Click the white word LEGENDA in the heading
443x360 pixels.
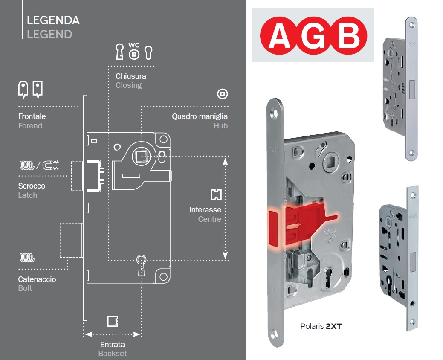pyautogui.click(x=53, y=20)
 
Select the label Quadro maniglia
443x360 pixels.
pyautogui.click(x=200, y=116)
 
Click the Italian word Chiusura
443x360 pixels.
pyautogui.click(x=131, y=76)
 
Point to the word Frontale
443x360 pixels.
pyautogui.click(x=32, y=116)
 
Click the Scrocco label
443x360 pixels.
pyautogui.click(x=32, y=186)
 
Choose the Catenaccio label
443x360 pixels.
pyautogui.click(x=37, y=279)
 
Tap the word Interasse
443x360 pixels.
pyautogui.click(x=206, y=210)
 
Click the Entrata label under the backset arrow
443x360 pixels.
pyautogui.click(x=113, y=345)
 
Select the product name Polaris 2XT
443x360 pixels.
pyautogui.click(x=321, y=326)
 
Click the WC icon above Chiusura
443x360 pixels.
pyautogui.click(x=134, y=52)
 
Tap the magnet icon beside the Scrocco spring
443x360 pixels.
pyautogui.click(x=51, y=165)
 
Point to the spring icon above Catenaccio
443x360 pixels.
pyautogui.click(x=27, y=258)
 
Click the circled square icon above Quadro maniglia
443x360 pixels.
pyautogui.click(x=222, y=94)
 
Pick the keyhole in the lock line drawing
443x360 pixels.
pyautogui.click(x=141, y=265)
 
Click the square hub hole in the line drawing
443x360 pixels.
pyautogui.click(x=141, y=156)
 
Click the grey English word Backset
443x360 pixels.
pyautogui.click(x=113, y=354)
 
